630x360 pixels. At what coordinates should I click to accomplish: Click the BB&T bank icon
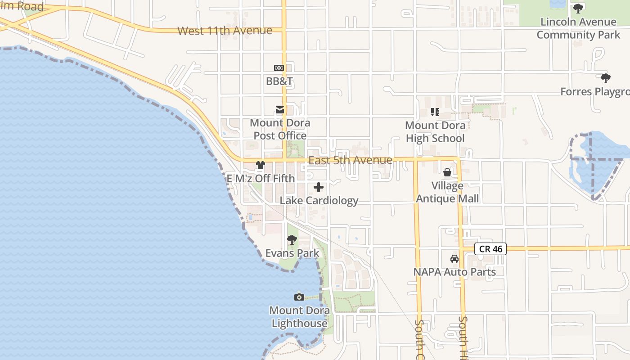pyautogui.click(x=279, y=68)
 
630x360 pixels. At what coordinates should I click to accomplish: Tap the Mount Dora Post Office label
pyautogui.click(x=280, y=129)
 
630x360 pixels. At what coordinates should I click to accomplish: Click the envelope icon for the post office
pyautogui.click(x=280, y=109)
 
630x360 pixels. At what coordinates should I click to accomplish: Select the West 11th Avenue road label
pyautogui.click(x=225, y=31)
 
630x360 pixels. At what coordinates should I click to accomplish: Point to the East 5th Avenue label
pyautogui.click(x=350, y=160)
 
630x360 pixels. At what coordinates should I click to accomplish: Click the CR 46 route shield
pyautogui.click(x=490, y=248)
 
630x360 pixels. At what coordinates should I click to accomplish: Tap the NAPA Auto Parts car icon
pyautogui.click(x=454, y=259)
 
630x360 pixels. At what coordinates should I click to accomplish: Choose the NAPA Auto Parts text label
pyautogui.click(x=454, y=272)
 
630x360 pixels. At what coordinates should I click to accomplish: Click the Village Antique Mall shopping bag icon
pyautogui.click(x=447, y=172)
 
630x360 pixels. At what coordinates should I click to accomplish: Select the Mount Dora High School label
pyautogui.click(x=435, y=132)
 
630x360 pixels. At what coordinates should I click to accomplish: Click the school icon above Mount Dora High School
pyautogui.click(x=435, y=112)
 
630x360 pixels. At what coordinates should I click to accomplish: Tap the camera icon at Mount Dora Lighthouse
pyautogui.click(x=299, y=297)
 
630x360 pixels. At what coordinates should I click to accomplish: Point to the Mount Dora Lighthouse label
pyautogui.click(x=299, y=317)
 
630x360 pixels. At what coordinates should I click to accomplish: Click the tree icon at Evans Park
pyautogui.click(x=292, y=240)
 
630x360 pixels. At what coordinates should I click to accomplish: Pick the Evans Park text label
pyautogui.click(x=292, y=253)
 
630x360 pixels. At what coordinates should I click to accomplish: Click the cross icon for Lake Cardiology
pyautogui.click(x=319, y=187)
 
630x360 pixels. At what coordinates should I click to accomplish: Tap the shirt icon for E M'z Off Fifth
pyautogui.click(x=261, y=165)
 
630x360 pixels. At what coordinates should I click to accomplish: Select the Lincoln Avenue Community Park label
pyautogui.click(x=578, y=28)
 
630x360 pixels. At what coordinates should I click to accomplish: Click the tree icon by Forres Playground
pyautogui.click(x=606, y=78)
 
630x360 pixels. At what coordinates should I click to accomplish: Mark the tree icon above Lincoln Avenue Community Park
pyautogui.click(x=578, y=9)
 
